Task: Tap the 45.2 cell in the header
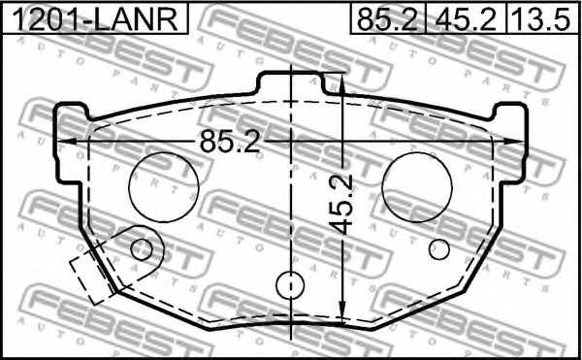(467, 18)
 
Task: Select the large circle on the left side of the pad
(162, 186)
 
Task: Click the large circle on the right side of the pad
(418, 186)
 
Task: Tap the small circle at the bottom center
(290, 285)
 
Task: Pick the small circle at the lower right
(439, 249)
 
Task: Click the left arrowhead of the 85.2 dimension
(66, 142)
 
